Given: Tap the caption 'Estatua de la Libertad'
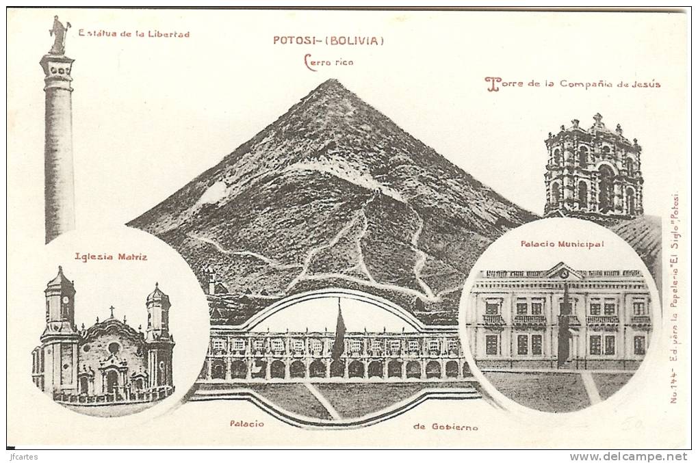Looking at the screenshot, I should pyautogui.click(x=133, y=34).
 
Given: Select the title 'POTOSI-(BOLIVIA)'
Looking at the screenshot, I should pyautogui.click(x=328, y=40).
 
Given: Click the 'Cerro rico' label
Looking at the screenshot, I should pyautogui.click(x=328, y=62).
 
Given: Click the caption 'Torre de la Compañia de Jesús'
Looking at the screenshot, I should pyautogui.click(x=573, y=84).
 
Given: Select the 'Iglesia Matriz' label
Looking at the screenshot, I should pyautogui.click(x=111, y=257).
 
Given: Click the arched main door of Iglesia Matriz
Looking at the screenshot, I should pyautogui.click(x=112, y=380).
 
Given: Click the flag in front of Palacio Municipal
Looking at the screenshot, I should pyautogui.click(x=563, y=328).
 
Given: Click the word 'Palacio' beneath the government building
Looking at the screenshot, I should pyautogui.click(x=246, y=424).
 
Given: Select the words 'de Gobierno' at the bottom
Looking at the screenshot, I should pyautogui.click(x=445, y=427).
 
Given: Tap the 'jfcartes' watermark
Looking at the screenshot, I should pyautogui.click(x=23, y=457).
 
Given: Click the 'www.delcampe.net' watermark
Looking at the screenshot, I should pyautogui.click(x=628, y=457).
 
